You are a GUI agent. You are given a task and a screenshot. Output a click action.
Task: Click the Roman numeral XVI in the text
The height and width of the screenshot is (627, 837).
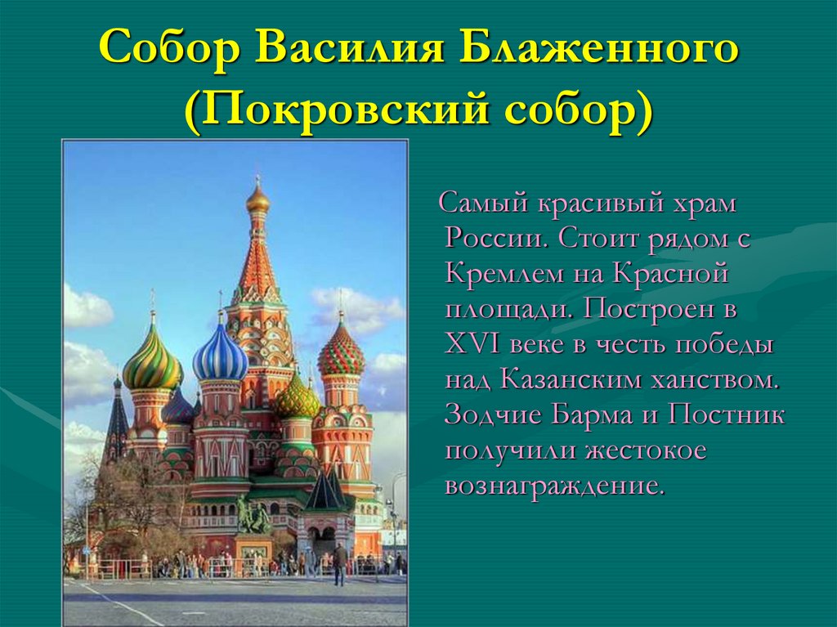point(472,345)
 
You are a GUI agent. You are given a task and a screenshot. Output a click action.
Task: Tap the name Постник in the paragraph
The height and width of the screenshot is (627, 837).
point(726,415)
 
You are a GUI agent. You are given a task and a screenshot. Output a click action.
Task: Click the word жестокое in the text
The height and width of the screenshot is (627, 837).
point(646,450)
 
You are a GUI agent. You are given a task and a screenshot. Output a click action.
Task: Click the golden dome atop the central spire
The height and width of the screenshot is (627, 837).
point(258,202)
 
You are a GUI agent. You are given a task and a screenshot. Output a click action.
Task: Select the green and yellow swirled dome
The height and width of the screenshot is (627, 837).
point(153,363)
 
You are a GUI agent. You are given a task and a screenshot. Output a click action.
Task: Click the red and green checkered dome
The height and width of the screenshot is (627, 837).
point(341,353)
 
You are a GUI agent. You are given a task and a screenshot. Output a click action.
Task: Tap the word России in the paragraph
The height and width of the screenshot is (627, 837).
point(496,239)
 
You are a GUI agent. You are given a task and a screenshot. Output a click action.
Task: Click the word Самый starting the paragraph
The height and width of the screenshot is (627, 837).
point(484,204)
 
